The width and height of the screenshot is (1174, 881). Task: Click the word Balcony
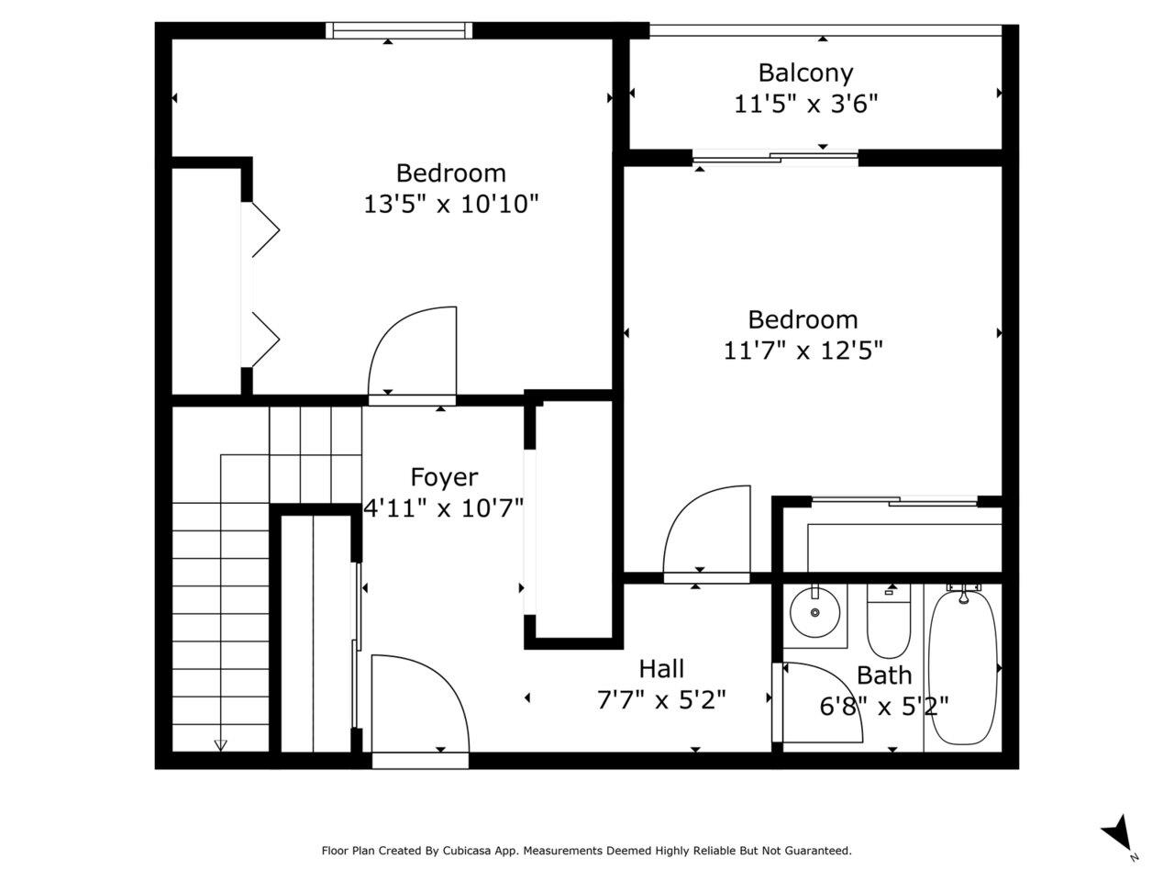(805, 73)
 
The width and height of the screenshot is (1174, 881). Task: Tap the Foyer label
(444, 476)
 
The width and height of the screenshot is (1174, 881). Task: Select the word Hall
(661, 668)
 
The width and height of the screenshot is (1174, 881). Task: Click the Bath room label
(883, 675)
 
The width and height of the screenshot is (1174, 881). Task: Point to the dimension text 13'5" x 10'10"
(451, 204)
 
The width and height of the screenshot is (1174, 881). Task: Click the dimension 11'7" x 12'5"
(803, 351)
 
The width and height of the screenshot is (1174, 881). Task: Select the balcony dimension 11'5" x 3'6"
(805, 104)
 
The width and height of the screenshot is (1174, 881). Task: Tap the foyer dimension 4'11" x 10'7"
(443, 507)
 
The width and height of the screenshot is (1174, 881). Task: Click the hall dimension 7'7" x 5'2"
(661, 699)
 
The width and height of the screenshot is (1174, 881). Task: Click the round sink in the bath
(814, 612)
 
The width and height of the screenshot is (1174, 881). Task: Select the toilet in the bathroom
(888, 621)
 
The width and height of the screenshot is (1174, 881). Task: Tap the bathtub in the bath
(963, 665)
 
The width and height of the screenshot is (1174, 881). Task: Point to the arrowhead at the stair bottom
(220, 745)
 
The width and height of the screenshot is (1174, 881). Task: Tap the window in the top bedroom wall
(399, 30)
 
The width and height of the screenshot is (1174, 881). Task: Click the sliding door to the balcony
(776, 159)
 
